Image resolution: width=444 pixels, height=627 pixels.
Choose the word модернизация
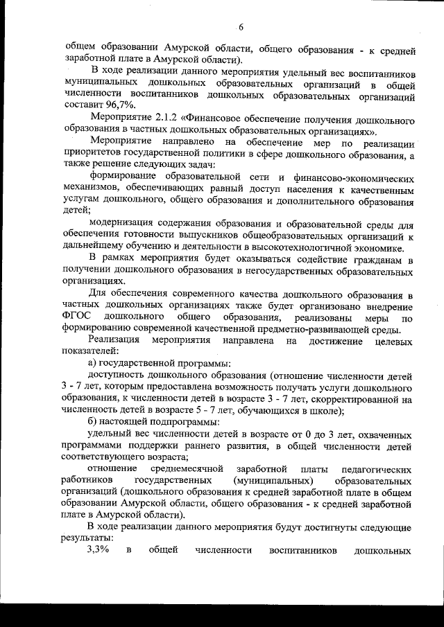point(123,224)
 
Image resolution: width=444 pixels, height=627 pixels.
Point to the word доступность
point(120,375)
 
